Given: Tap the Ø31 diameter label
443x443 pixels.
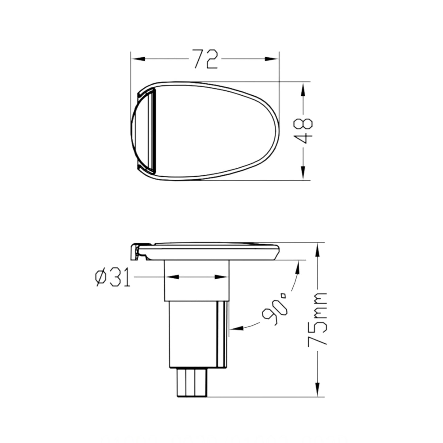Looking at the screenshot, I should [113, 277].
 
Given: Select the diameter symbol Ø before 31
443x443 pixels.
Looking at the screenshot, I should [101, 277].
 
